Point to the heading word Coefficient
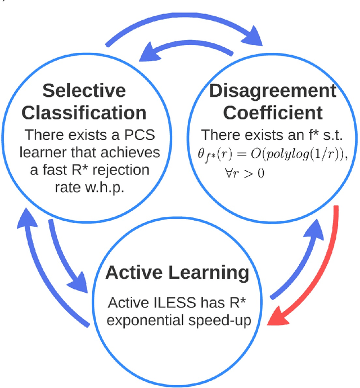pos(273,113)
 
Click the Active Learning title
pos(177,273)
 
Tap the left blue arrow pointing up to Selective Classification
pos(34,265)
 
